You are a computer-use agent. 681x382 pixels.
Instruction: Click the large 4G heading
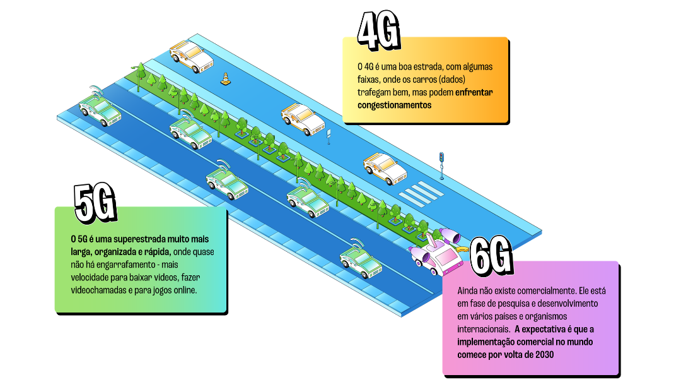[378, 30]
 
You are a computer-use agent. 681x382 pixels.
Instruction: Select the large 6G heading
[491, 257]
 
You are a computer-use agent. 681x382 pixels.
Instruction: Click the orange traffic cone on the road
[224, 79]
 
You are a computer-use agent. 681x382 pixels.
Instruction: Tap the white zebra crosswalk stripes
[416, 192]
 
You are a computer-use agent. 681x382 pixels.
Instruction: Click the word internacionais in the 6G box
[484, 329]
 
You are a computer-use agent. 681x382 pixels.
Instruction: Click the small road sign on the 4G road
[329, 135]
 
